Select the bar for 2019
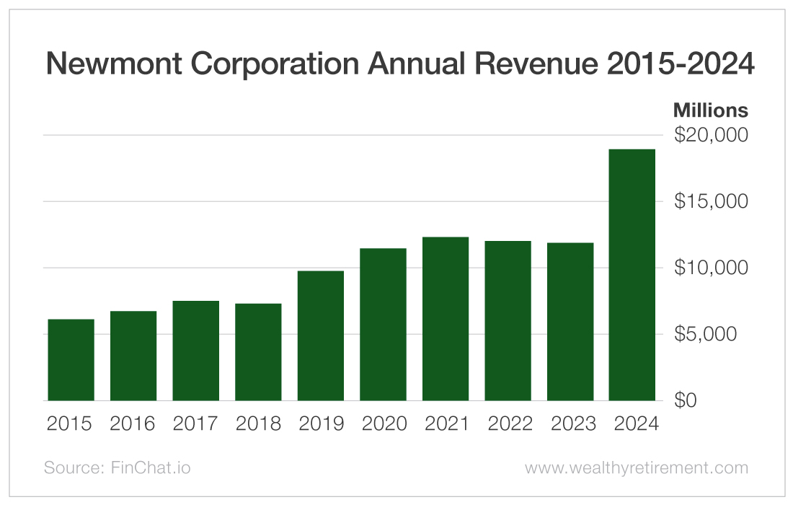[x=320, y=335]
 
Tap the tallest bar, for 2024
[x=632, y=275]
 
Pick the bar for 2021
[x=446, y=318]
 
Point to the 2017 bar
[x=195, y=351]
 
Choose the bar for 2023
[x=570, y=321]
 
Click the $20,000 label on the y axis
[x=711, y=135]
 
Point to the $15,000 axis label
[x=711, y=201]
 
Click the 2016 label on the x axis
[x=133, y=423]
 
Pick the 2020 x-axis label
[x=383, y=423]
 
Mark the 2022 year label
[x=508, y=423]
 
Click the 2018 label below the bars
[x=258, y=423]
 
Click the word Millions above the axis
[x=710, y=110]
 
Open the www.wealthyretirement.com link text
[x=636, y=467]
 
